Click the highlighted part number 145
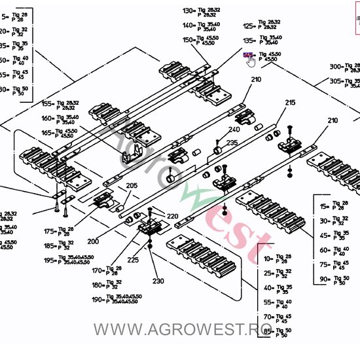[247, 56]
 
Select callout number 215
[290, 103]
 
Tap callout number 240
[234, 130]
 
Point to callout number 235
[232, 143]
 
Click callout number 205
[132, 186]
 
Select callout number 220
[172, 216]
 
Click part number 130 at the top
[189, 11]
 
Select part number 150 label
[189, 40]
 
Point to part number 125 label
[248, 26]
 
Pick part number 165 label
[48, 133]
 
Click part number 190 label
[97, 299]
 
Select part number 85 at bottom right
[268, 332]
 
